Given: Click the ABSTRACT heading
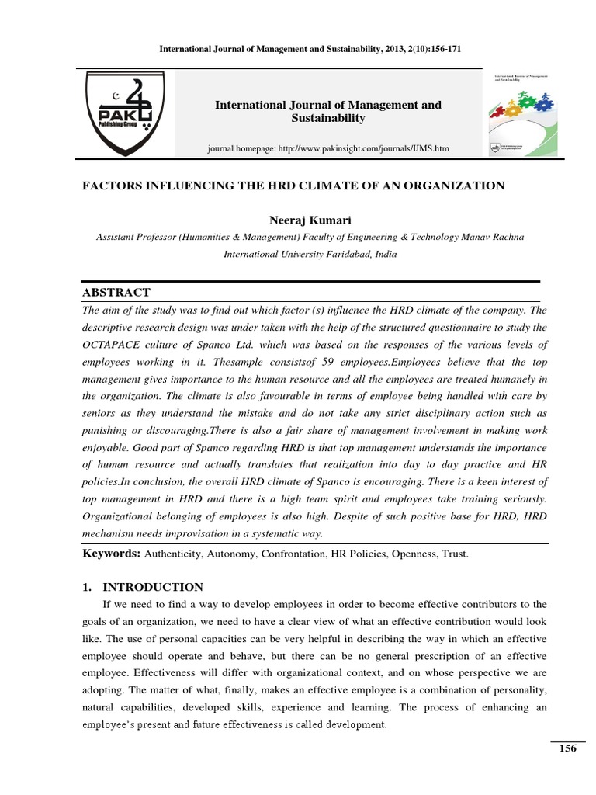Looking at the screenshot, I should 116,292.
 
